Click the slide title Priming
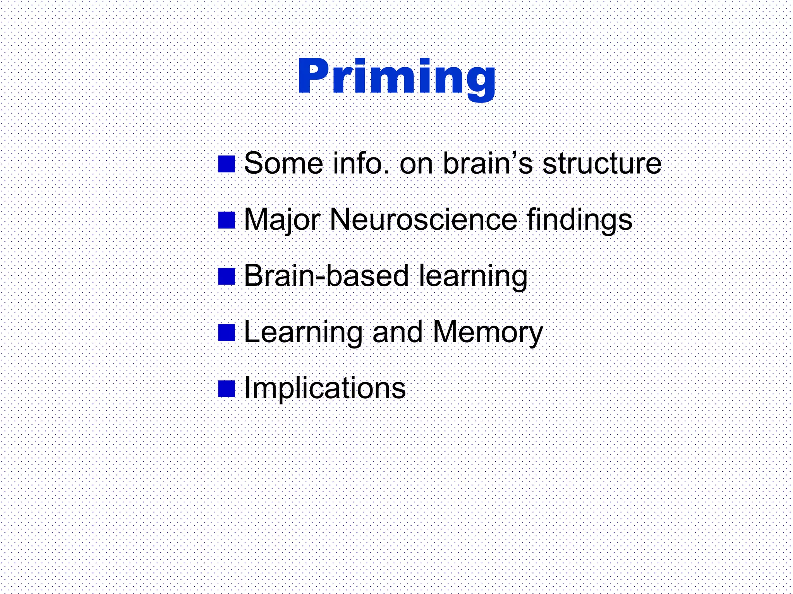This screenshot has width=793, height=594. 396,77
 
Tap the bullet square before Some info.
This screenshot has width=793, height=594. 227,164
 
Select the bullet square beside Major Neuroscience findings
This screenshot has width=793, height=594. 227,220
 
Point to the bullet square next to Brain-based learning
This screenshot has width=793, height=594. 227,277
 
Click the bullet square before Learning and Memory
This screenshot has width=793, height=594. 227,333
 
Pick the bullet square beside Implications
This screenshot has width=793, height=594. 227,389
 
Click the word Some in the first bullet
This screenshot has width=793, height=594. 283,164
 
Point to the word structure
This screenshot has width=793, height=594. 602,164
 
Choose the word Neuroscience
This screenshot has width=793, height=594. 423,220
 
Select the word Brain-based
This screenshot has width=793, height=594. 326,276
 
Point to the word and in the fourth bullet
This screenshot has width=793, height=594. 397,332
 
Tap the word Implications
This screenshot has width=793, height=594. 325,389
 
